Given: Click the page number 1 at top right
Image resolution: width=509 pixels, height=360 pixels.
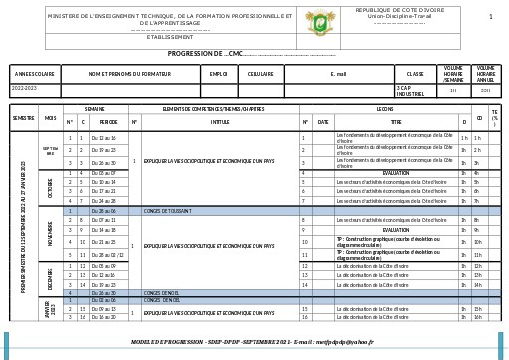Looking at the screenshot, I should click(490, 17).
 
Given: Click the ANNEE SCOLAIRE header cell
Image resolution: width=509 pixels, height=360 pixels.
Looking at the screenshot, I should click(34, 73).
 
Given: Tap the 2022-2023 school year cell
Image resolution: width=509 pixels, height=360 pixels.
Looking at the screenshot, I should click(24, 89).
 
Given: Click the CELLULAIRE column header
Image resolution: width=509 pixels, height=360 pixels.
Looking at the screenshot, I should click(259, 73).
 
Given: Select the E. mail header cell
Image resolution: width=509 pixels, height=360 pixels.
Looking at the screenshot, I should click(338, 73).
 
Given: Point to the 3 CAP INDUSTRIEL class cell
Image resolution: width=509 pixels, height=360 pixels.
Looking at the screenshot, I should click(410, 90).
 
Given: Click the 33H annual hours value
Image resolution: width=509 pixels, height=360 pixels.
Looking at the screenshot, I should click(485, 90).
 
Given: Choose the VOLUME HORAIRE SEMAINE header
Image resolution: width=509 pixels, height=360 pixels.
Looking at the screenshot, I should click(453, 73).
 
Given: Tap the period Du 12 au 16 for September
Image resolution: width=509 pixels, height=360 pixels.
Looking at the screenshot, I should click(103, 138).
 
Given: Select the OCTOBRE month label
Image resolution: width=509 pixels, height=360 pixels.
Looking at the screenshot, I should click(50, 187).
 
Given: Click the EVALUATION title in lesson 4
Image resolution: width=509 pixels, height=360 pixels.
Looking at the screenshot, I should click(396, 173).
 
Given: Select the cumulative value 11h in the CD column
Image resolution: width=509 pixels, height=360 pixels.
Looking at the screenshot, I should click(477, 255).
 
